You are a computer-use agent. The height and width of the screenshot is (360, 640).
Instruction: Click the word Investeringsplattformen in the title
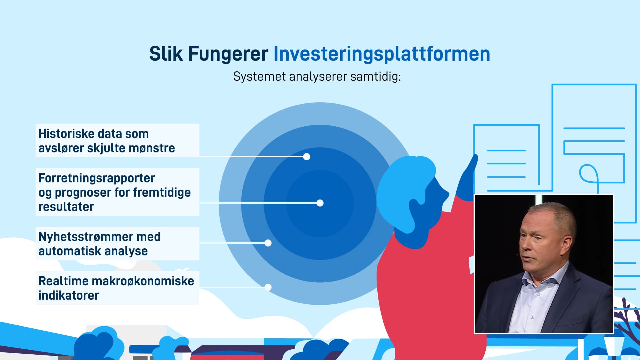(x=382, y=54)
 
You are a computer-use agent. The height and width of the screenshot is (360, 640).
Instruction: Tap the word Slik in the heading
(x=166, y=54)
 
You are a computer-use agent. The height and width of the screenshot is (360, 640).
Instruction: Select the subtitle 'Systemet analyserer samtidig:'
(x=317, y=77)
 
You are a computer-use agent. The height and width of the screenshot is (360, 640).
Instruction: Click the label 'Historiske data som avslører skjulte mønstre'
(x=107, y=141)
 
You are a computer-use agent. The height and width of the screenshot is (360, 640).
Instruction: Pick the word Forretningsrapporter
(x=97, y=178)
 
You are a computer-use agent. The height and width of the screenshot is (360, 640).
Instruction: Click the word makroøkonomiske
(x=143, y=281)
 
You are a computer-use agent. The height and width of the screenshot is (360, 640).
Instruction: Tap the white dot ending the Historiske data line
(x=307, y=157)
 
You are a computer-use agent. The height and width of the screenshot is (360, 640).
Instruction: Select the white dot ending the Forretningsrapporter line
(x=320, y=203)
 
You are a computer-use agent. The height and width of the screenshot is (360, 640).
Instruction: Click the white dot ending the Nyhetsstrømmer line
(x=268, y=243)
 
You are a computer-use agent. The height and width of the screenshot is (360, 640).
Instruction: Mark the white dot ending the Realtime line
(x=268, y=287)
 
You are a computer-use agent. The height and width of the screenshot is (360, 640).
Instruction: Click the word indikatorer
(x=69, y=296)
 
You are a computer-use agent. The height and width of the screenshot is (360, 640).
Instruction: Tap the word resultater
(x=66, y=207)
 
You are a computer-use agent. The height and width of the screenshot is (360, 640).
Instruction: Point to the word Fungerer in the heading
(x=228, y=54)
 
